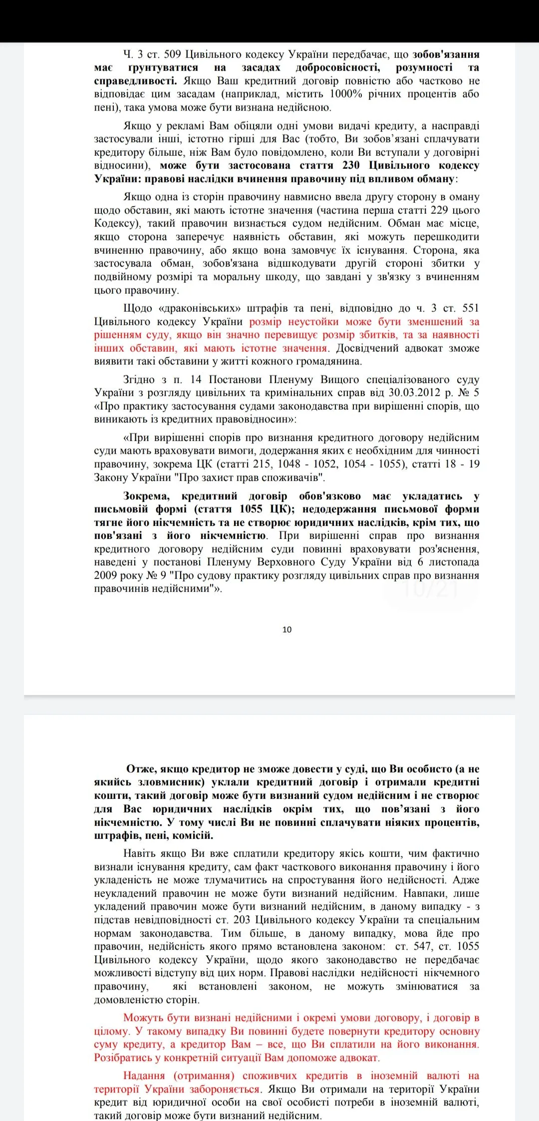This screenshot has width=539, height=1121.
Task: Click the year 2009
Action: tap(106, 575)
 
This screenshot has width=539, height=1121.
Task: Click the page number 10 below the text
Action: tap(287, 629)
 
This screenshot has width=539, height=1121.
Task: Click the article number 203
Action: tap(242, 920)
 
